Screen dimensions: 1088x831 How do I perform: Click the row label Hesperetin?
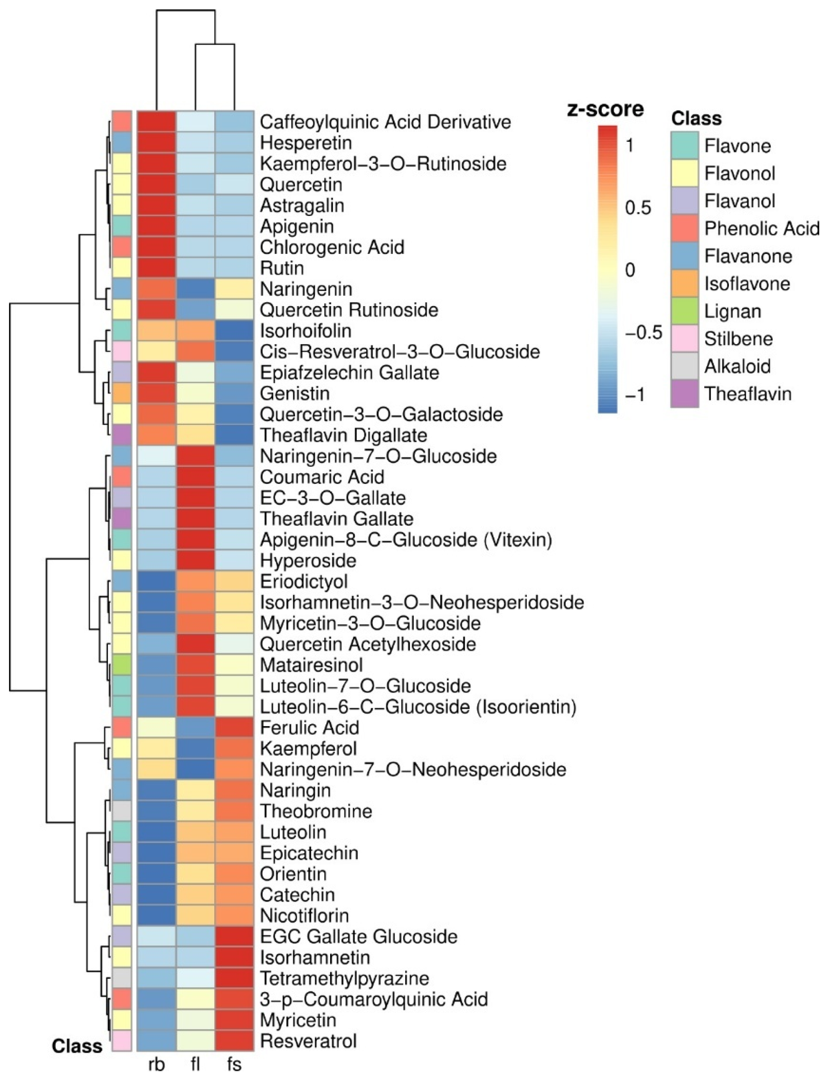coord(306,143)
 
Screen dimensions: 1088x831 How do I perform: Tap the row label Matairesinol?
coord(311,665)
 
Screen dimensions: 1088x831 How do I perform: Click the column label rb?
coord(156,1065)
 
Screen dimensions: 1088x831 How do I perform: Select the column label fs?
coord(234,1065)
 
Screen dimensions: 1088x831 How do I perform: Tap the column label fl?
coord(195,1065)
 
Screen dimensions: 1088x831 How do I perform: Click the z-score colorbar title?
coord(605,109)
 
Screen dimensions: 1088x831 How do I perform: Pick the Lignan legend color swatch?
coord(685,311)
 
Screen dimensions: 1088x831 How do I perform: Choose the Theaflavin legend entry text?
coord(748,394)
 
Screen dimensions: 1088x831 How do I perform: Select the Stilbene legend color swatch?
coord(685,339)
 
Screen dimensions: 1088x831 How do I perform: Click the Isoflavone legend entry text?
coord(747,284)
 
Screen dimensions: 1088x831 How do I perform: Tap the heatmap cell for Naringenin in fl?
coord(195,289)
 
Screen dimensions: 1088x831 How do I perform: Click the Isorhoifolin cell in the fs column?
coord(234,331)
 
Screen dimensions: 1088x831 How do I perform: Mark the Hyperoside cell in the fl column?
coord(195,561)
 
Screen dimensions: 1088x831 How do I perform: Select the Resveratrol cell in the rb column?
coord(156,1041)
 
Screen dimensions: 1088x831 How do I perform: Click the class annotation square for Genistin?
coord(122,394)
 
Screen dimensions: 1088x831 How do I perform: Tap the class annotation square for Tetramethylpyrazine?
coord(122,978)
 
